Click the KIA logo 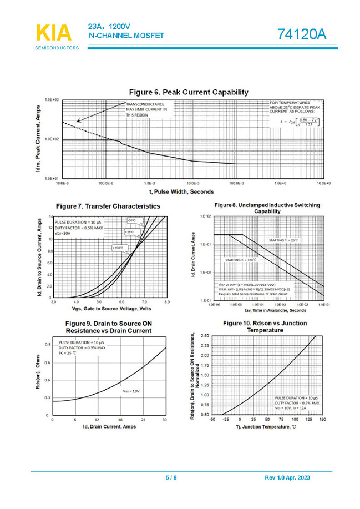click(54, 33)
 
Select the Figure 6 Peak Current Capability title click(188, 92)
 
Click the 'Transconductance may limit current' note click(146, 109)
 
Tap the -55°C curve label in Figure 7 click(131, 220)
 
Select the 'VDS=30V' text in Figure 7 click(63, 234)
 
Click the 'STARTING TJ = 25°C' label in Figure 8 click(283, 240)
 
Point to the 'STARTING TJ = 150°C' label click(241, 260)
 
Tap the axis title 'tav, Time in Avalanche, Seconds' click(267, 310)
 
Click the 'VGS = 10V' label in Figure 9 click(131, 391)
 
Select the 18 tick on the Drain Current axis click(120, 420)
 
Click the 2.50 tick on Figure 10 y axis click(204, 336)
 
